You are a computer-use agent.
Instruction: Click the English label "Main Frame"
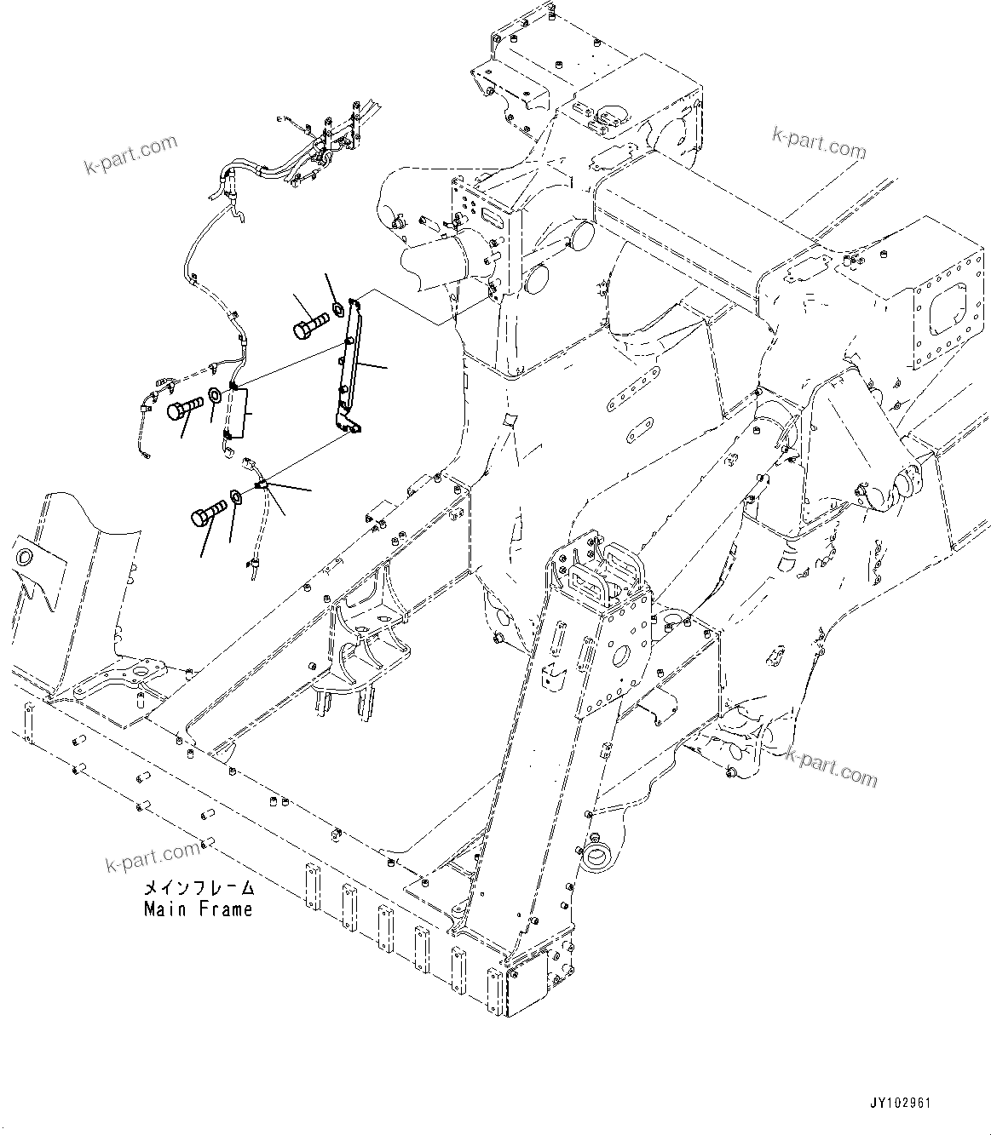[198, 909]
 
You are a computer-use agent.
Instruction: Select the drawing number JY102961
[902, 1103]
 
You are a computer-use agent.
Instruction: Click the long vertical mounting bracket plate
[348, 362]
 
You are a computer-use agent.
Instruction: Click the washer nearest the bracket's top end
[339, 307]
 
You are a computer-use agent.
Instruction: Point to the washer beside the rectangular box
[214, 395]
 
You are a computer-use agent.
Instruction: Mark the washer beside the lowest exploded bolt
[234, 496]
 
